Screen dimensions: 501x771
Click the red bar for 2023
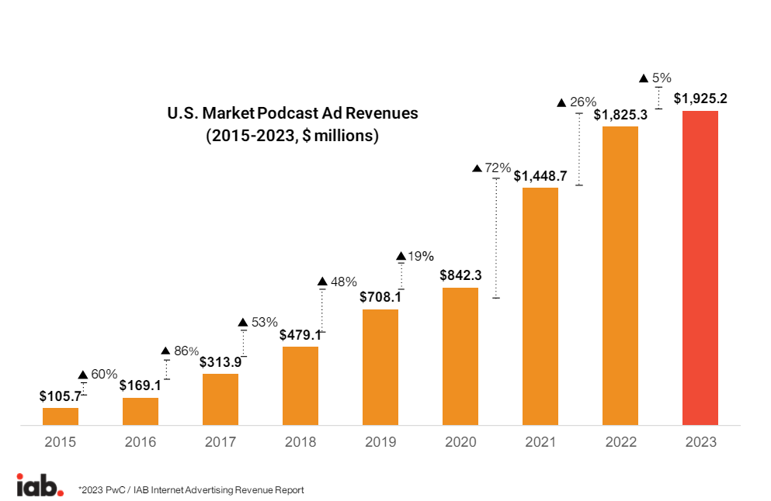point(700,268)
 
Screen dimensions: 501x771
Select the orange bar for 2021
point(540,306)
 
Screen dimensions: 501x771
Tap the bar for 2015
point(61,416)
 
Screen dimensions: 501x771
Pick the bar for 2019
point(380,367)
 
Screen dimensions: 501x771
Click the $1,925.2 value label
point(700,99)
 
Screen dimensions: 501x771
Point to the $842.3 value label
point(460,275)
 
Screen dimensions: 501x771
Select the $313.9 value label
point(221,362)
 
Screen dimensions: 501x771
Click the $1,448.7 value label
point(540,176)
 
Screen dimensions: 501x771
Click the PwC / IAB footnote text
point(191,490)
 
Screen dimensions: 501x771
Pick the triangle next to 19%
point(401,256)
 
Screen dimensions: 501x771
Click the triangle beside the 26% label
point(562,102)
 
